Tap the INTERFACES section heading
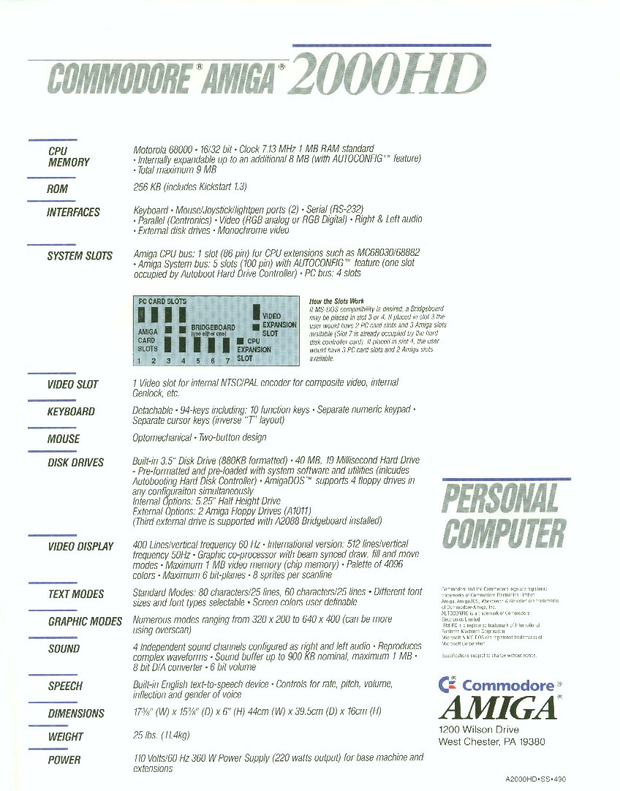click(x=74, y=212)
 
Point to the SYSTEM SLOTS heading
click(x=80, y=256)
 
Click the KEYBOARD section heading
click(x=71, y=412)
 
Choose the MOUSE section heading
click(x=64, y=439)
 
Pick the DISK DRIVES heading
click(x=76, y=462)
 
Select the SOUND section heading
click(x=64, y=648)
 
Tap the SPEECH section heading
click(x=65, y=686)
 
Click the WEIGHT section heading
click(x=66, y=737)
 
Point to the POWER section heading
click(x=64, y=760)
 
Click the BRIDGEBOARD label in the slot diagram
click(x=213, y=328)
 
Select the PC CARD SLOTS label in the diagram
click(x=162, y=301)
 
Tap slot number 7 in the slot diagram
click(x=228, y=360)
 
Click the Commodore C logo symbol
click(x=447, y=685)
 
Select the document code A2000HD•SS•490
click(x=535, y=779)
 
